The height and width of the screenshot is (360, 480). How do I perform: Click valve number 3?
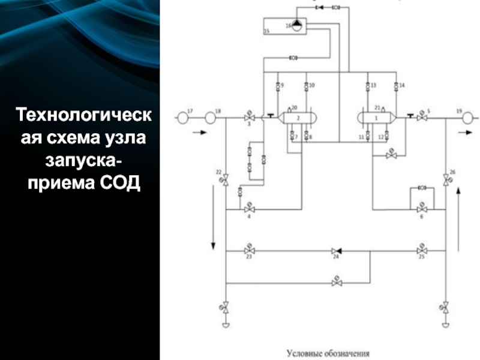pyautogui.click(x=249, y=118)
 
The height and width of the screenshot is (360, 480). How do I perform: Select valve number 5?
pyautogui.click(x=422, y=118)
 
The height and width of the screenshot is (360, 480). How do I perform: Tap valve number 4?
pyautogui.click(x=249, y=209)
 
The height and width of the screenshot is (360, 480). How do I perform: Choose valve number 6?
pyautogui.click(x=422, y=209)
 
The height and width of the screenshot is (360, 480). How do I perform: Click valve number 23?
pyautogui.click(x=249, y=249)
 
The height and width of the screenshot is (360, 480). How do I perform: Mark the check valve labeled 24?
pyautogui.click(x=336, y=250)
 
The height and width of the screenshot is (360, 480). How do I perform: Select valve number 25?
pyautogui.click(x=422, y=249)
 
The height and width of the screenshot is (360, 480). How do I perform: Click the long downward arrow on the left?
pyautogui.click(x=213, y=216)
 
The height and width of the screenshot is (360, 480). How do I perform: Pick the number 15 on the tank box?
pyautogui.click(x=266, y=31)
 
